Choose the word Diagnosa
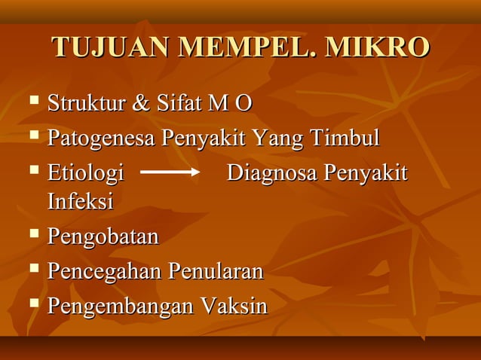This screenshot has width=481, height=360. (x=272, y=173)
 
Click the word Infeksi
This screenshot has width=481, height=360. (x=81, y=202)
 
